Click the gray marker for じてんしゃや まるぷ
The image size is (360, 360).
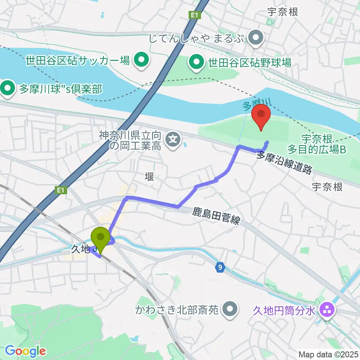click(256, 37)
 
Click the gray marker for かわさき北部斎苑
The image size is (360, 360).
click(230, 310)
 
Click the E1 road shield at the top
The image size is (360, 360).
click(193, 15)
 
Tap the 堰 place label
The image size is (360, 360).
click(149, 177)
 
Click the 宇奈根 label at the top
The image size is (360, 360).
click(282, 12)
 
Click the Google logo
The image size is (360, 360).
click(25, 351)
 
